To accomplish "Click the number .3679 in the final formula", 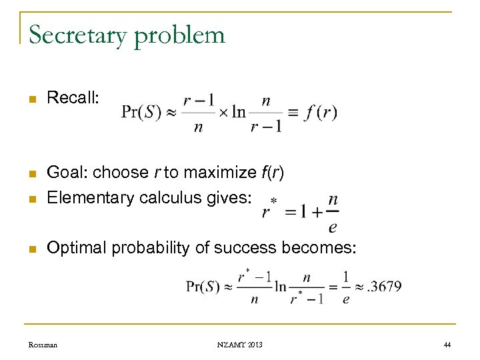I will pyautogui.click(x=385, y=287).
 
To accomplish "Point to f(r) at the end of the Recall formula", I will pyautogui.click(x=321, y=113).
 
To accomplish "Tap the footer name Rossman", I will pyautogui.click(x=43, y=344).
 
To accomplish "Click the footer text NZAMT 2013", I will pyautogui.click(x=239, y=344).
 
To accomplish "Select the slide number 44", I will pyautogui.click(x=446, y=344).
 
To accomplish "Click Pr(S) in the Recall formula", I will pyautogui.click(x=141, y=113).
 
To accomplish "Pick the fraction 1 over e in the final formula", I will pyautogui.click(x=345, y=287).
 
